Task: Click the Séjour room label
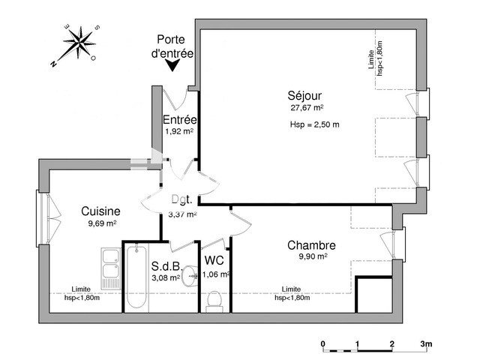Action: click(x=306, y=95)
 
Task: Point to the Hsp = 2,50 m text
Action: click(x=314, y=124)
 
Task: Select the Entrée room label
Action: click(x=180, y=119)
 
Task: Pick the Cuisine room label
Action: click(x=100, y=211)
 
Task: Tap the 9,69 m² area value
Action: click(x=100, y=223)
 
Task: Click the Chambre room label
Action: click(x=311, y=245)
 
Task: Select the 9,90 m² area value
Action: click(x=311, y=256)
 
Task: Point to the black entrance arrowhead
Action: click(x=172, y=66)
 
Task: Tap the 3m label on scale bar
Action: click(x=426, y=344)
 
